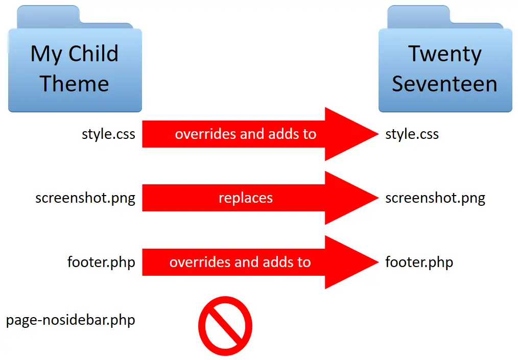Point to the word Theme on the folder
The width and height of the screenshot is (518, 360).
click(x=75, y=83)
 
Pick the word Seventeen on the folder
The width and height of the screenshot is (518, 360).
click(x=444, y=84)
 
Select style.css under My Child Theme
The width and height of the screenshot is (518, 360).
click(x=108, y=134)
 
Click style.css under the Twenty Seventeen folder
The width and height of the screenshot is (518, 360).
click(x=412, y=134)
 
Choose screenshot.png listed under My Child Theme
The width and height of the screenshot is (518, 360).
click(x=85, y=198)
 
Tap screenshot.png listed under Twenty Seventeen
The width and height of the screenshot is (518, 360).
click(x=435, y=198)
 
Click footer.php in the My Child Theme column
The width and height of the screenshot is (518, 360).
click(x=101, y=262)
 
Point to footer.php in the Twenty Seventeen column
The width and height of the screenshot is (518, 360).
click(x=419, y=262)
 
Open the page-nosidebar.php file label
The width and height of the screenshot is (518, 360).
click(x=70, y=321)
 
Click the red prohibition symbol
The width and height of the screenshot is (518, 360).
click(x=225, y=326)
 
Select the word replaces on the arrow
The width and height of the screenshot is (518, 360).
click(x=245, y=198)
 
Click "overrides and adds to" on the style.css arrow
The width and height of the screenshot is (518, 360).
click(x=245, y=134)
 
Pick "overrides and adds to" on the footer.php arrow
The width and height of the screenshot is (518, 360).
click(x=240, y=262)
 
